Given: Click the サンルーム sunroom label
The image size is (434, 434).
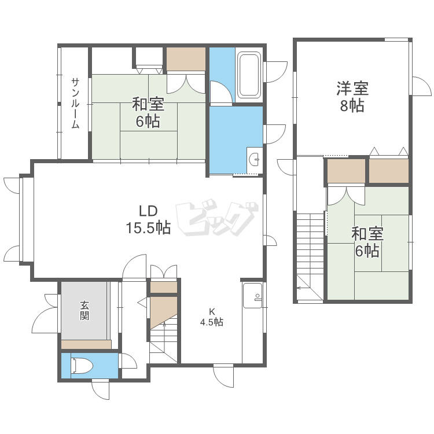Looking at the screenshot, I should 76,102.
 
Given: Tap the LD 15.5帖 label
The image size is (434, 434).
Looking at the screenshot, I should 148,219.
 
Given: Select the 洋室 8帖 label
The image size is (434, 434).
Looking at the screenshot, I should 352,97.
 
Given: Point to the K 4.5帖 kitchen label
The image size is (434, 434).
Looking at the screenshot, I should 212,318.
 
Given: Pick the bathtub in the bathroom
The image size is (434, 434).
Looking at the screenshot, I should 249,75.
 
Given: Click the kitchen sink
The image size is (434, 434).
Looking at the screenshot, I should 252,296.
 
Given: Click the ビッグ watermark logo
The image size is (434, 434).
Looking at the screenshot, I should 216,220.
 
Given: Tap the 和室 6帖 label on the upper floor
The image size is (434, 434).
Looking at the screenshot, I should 367,242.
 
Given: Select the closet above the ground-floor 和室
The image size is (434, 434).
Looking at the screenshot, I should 186,58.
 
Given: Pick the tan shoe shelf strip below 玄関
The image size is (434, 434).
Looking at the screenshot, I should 86,344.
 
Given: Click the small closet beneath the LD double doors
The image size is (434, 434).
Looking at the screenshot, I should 164,287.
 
